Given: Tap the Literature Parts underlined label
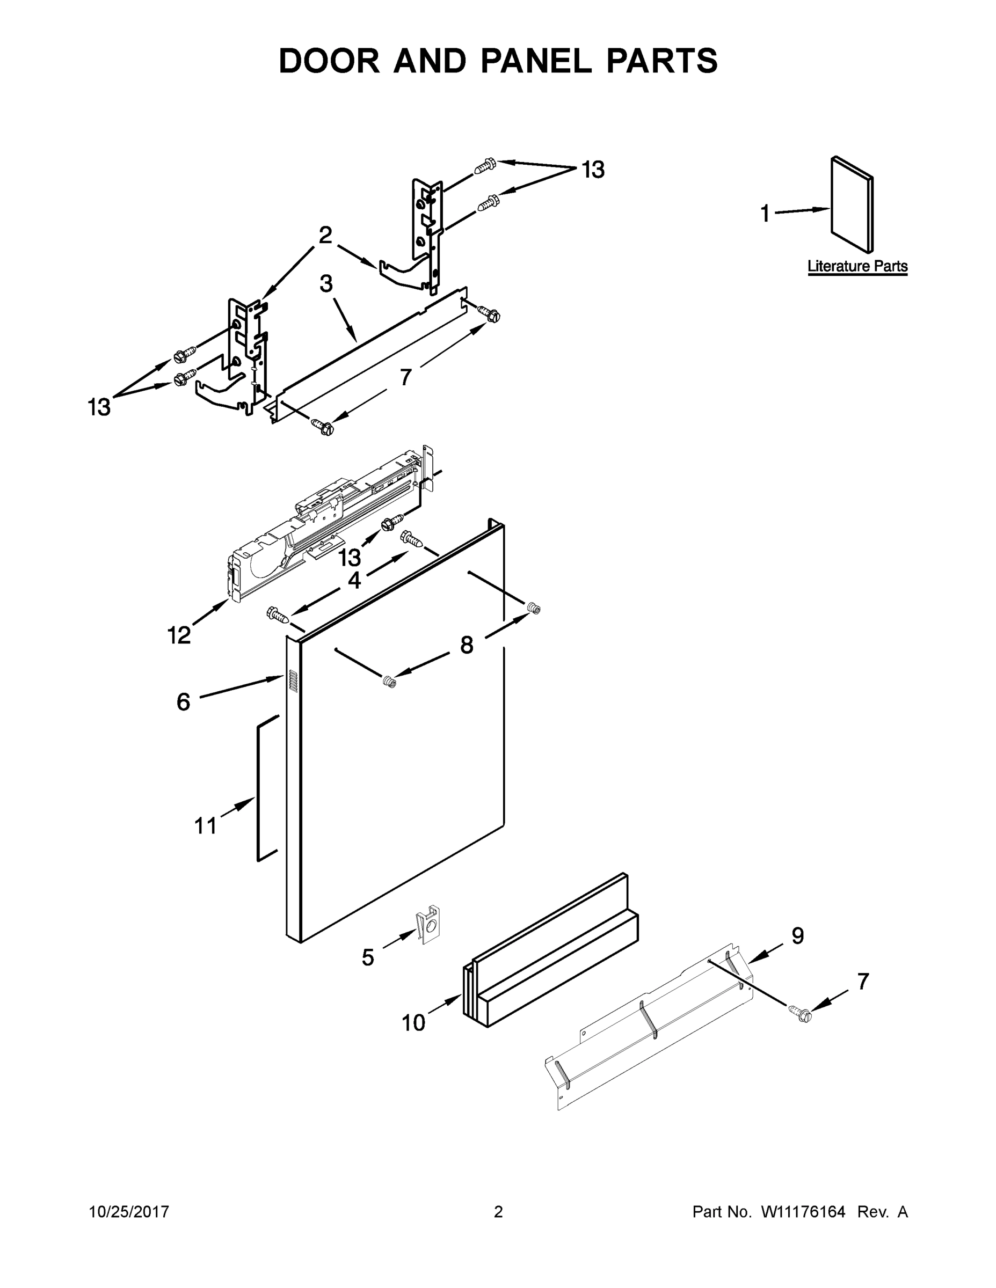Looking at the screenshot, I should click(x=857, y=266).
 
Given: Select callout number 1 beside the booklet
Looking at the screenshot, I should click(x=765, y=214).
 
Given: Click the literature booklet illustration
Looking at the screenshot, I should click(x=852, y=203).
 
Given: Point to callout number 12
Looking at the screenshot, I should click(x=179, y=635).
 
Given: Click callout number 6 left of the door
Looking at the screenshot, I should click(x=184, y=702).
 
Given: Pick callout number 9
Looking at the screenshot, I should click(x=797, y=936).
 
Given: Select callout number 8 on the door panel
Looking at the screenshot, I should click(x=466, y=645).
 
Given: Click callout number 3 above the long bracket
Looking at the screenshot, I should click(x=326, y=284).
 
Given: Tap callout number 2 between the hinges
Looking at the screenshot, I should click(x=325, y=235).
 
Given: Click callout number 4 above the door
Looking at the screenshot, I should click(x=354, y=580).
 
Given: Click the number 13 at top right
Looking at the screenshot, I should click(x=593, y=170).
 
